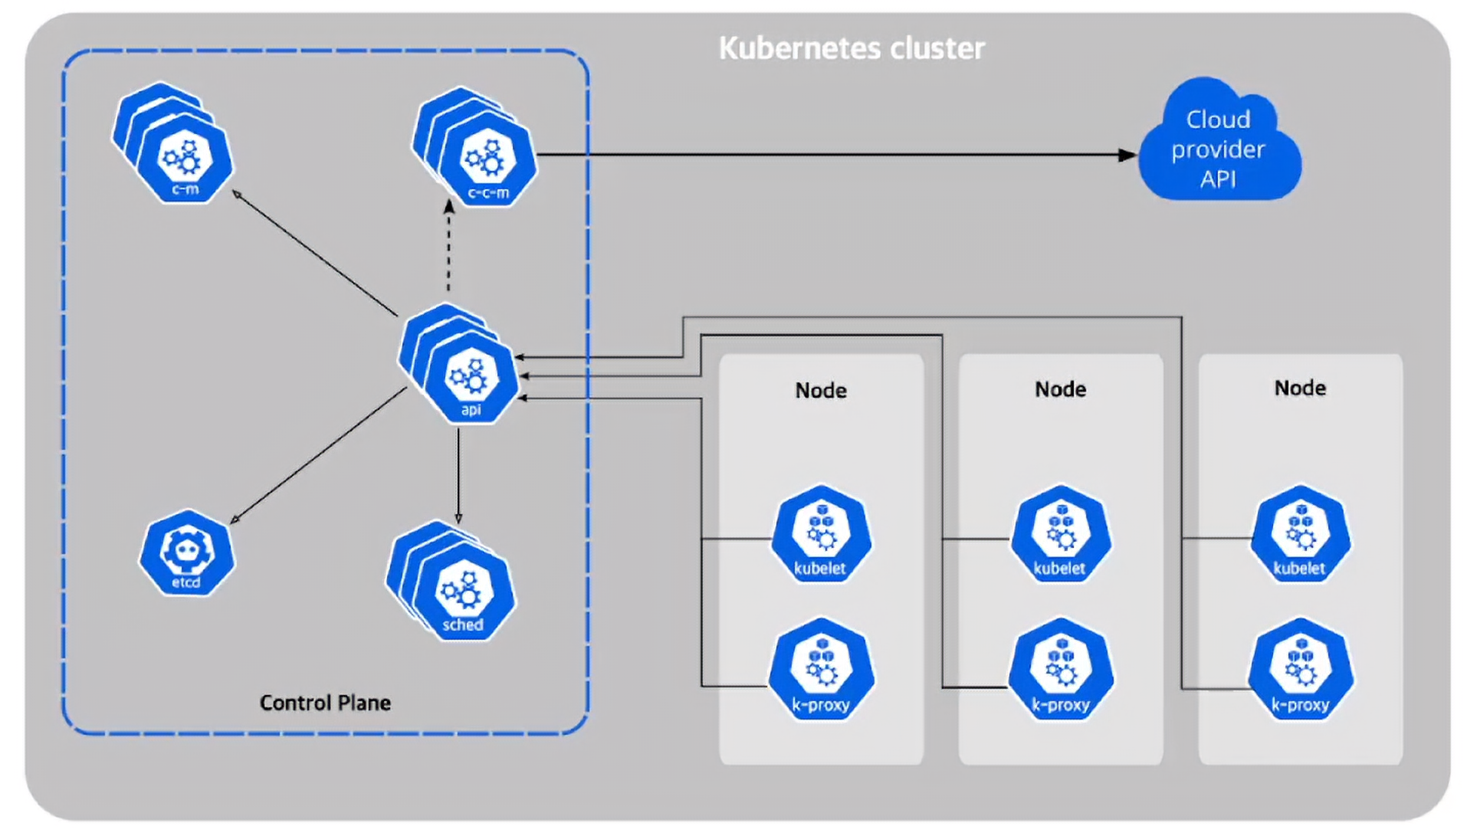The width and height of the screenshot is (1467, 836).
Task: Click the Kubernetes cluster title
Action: click(852, 48)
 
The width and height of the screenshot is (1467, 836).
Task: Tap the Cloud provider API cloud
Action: click(1219, 142)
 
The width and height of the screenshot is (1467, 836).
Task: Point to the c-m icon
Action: click(173, 143)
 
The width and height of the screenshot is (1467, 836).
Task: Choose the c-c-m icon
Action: click(475, 147)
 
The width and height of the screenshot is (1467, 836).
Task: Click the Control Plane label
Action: click(325, 703)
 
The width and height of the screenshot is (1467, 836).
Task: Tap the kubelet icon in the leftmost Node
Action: click(821, 534)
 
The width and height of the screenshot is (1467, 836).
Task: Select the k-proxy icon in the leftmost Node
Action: click(821, 669)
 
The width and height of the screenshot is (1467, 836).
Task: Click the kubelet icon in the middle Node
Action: click(1061, 534)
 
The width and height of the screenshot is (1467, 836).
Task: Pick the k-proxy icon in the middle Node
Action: click(1061, 669)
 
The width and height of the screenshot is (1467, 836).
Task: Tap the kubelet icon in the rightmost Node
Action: click(1301, 534)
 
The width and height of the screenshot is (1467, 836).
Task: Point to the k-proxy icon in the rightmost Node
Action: click(1301, 669)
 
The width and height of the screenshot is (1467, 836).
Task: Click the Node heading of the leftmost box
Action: click(821, 391)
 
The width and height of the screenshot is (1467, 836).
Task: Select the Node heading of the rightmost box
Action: click(1300, 388)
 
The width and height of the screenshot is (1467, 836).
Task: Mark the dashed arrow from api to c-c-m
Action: click(449, 246)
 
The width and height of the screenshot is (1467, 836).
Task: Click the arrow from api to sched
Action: click(458, 475)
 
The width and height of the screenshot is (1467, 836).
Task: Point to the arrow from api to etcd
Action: click(318, 456)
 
